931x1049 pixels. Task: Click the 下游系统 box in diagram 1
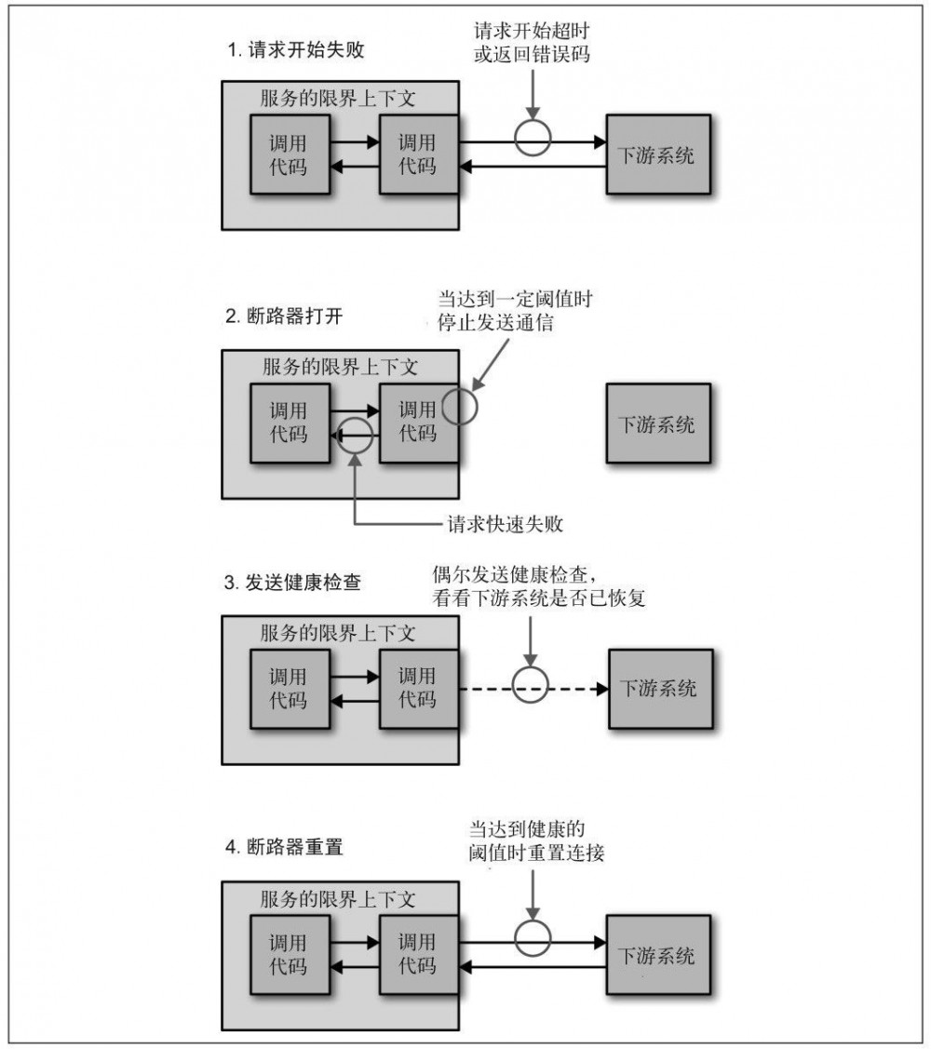[x=657, y=154]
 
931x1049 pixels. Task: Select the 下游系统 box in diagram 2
[x=657, y=424]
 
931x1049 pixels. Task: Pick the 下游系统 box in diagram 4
[x=657, y=956]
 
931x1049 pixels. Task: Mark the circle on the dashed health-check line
[x=533, y=690]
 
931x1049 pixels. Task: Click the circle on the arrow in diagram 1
[x=533, y=141]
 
